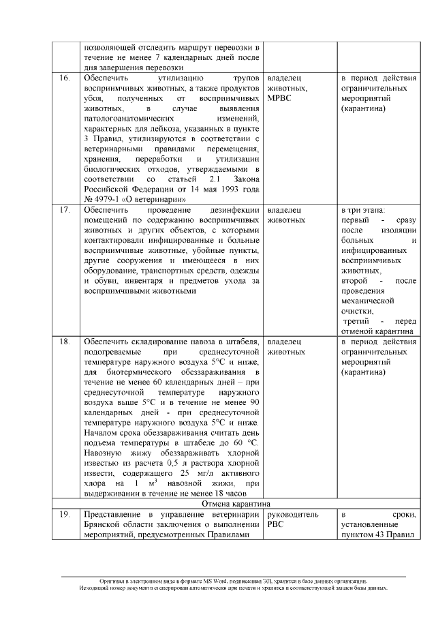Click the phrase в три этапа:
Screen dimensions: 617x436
363,209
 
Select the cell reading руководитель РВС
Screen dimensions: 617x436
293,520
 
